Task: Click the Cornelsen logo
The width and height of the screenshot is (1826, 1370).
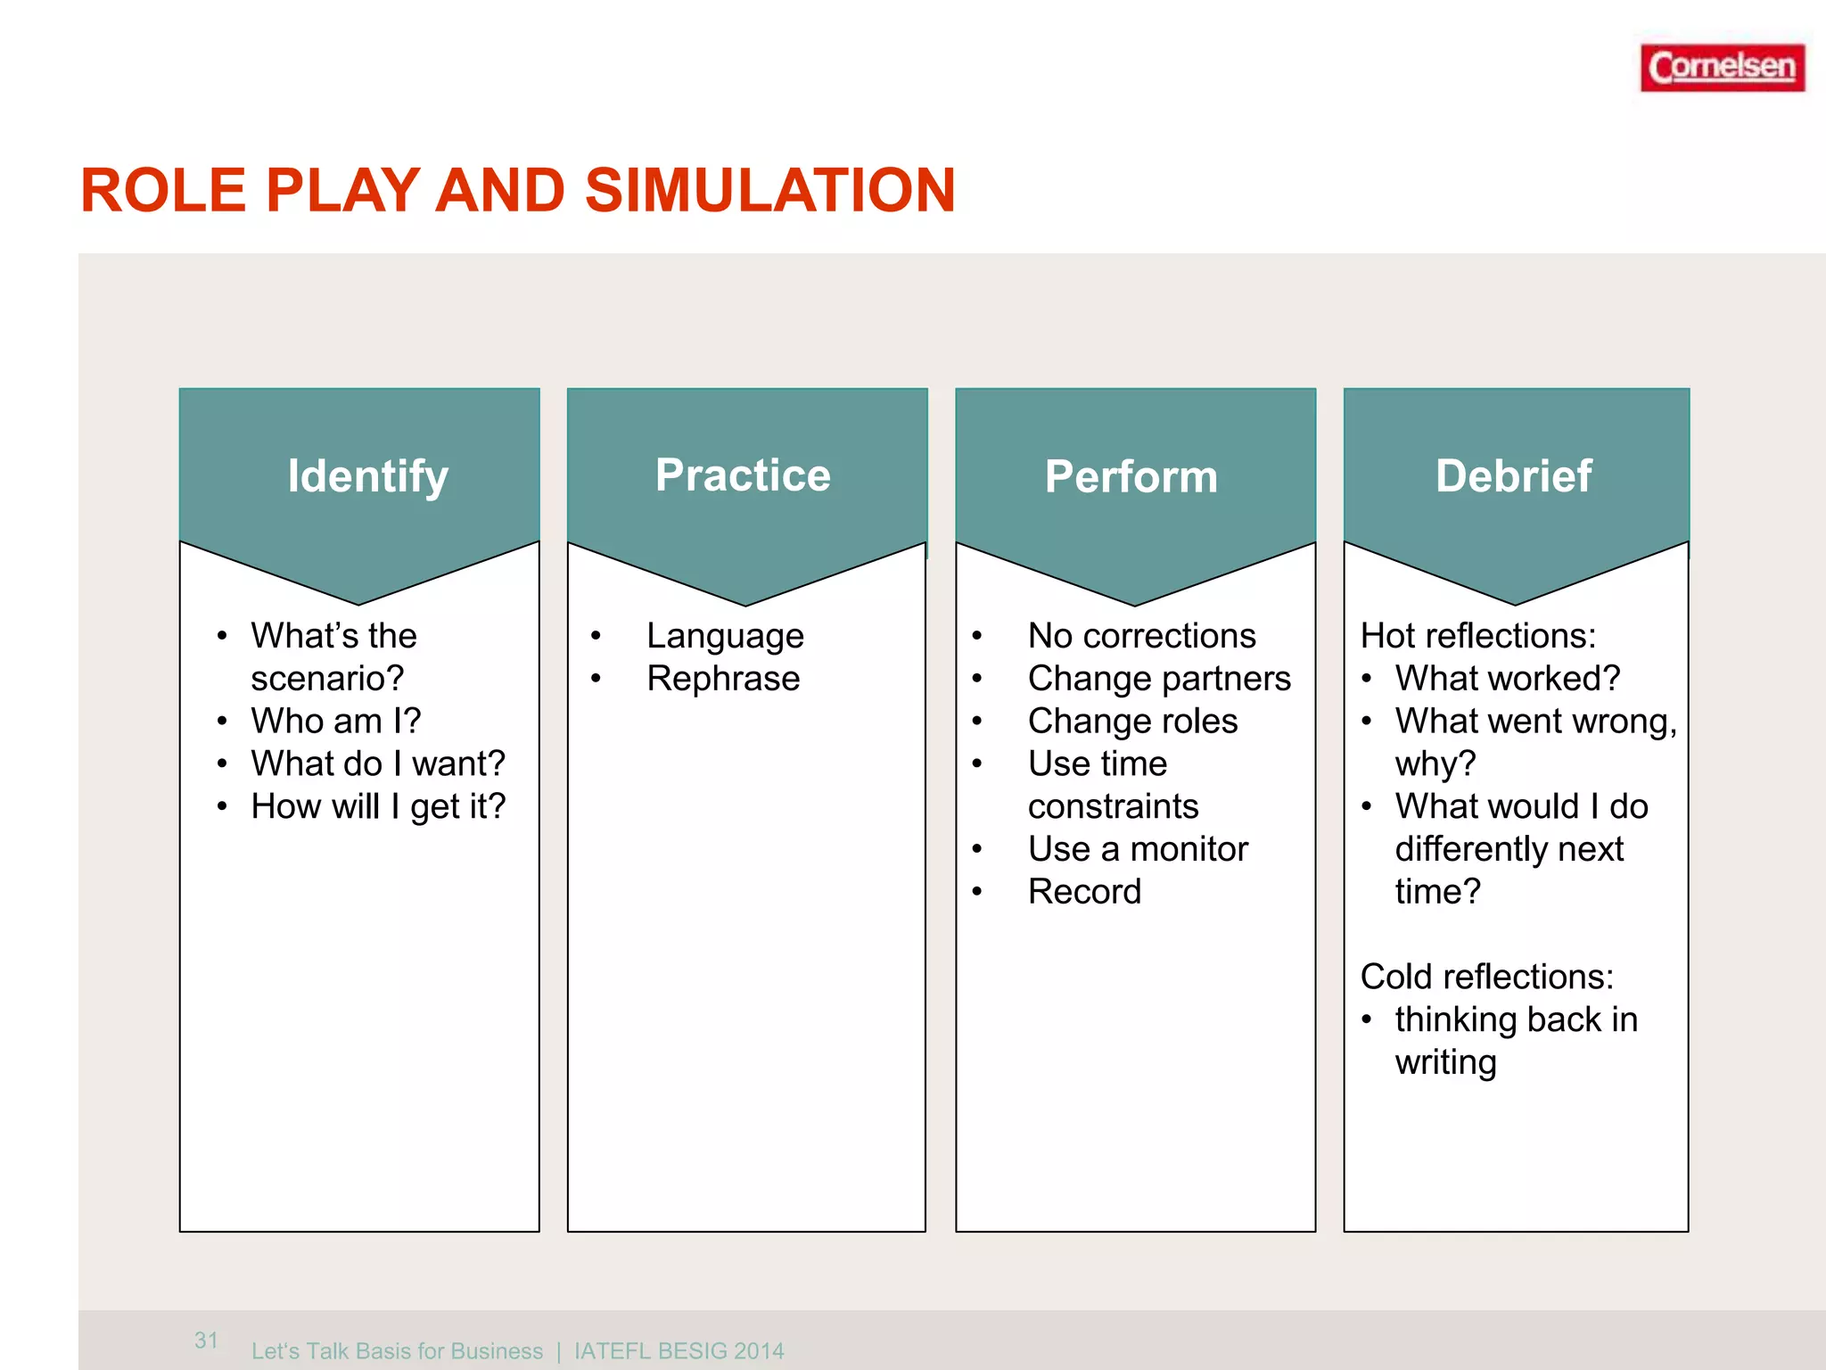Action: click(1722, 68)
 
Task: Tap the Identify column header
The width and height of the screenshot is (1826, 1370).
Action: click(367, 476)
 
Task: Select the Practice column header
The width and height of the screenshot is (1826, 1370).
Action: click(743, 475)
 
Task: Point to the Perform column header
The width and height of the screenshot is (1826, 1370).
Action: click(1131, 477)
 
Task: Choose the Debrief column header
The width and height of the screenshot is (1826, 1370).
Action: click(1513, 476)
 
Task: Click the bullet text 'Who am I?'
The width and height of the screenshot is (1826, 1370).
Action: click(335, 721)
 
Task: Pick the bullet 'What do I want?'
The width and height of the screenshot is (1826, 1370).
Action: click(377, 763)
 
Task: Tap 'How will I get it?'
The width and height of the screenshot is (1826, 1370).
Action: click(377, 806)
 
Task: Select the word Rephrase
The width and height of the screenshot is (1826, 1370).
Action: click(723, 679)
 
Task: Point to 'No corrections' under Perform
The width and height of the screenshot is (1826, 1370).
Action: click(1141, 636)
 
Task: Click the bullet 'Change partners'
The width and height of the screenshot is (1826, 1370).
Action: click(1158, 679)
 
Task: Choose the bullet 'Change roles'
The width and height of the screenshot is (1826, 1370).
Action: click(1132, 721)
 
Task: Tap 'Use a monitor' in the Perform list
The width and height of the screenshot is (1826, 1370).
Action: click(1137, 849)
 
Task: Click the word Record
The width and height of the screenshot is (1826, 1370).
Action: click(1084, 892)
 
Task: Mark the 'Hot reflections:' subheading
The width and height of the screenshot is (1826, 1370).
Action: click(1477, 636)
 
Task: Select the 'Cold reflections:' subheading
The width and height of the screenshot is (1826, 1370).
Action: click(1486, 977)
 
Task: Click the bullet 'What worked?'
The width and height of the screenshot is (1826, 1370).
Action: click(1507, 679)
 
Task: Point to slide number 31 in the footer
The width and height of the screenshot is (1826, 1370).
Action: click(206, 1340)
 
